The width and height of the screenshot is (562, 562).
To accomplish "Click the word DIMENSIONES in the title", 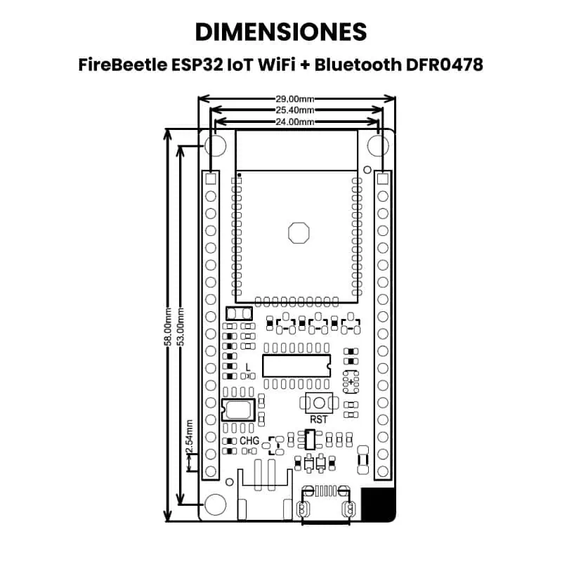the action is click(x=281, y=32).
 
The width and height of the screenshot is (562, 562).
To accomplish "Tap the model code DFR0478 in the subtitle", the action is click(x=445, y=65).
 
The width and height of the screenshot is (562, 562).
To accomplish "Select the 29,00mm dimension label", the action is click(x=294, y=98).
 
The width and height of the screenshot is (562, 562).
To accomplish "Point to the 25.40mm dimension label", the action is click(x=294, y=110).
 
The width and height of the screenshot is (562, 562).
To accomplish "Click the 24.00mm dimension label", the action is click(x=294, y=122).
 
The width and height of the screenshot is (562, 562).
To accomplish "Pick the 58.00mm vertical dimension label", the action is click(x=168, y=327).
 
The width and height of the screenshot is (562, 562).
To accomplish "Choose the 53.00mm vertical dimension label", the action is click(x=181, y=327).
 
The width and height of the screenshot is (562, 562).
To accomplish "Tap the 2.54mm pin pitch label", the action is click(x=190, y=436).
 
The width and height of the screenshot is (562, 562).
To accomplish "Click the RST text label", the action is click(x=319, y=419).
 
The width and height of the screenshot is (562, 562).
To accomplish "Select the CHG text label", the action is click(x=249, y=440).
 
